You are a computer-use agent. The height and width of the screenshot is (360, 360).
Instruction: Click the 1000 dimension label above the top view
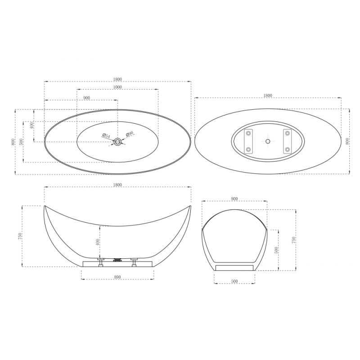pyautogui.click(x=117, y=87)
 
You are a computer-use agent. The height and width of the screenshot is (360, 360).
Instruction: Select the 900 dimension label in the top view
pyautogui.click(x=86, y=98)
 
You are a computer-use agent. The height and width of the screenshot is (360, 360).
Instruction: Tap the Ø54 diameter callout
pyautogui.click(x=106, y=135)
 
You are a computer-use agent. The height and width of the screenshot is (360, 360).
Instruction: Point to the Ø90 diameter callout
pyautogui.click(x=130, y=134)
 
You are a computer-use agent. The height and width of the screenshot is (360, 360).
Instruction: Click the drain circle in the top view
pyautogui.click(x=118, y=142)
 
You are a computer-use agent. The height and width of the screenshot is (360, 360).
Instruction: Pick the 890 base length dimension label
pyautogui.click(x=117, y=277)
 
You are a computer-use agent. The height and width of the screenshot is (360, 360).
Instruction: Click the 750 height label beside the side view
pyautogui.click(x=20, y=236)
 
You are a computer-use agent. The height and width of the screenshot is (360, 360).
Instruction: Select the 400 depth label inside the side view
pyautogui.click(x=97, y=243)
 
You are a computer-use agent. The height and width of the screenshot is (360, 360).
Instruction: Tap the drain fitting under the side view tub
pyautogui.click(x=118, y=260)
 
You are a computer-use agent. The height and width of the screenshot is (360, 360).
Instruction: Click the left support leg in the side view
pyautogui.click(x=101, y=262)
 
